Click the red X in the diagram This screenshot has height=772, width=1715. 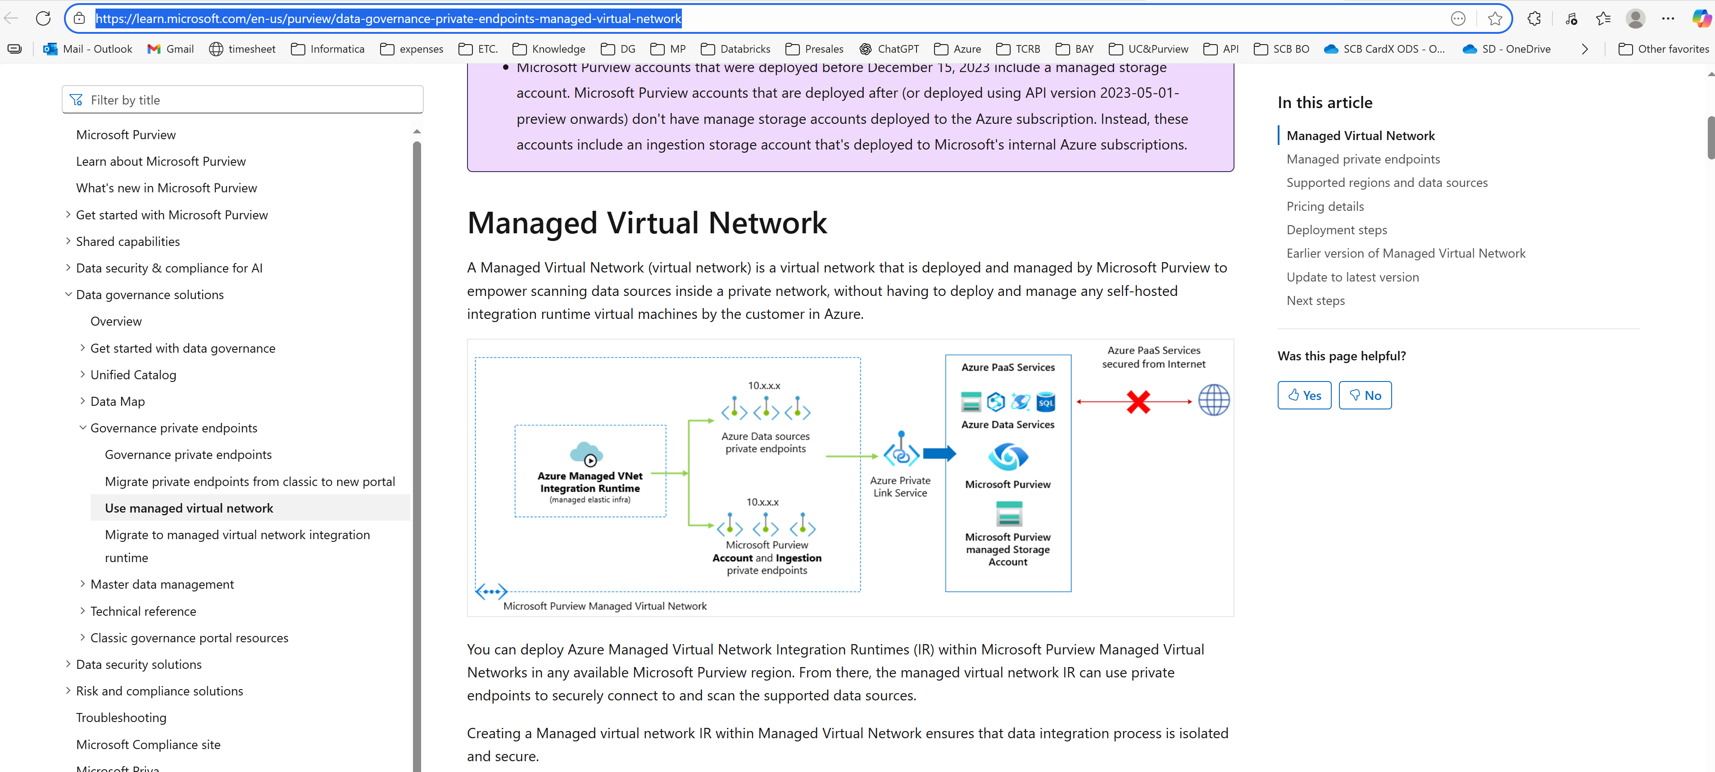pos(1139,402)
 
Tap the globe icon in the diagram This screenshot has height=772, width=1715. pos(1214,400)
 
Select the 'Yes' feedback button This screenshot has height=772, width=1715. pos(1304,395)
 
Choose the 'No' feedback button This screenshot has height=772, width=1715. pos(1365,395)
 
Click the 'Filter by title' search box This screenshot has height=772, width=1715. pos(243,100)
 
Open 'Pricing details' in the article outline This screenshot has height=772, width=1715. pos(1325,206)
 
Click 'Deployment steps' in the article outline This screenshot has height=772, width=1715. pos(1336,230)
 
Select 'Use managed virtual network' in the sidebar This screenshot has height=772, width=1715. pos(189,508)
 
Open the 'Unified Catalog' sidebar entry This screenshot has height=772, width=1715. pos(133,375)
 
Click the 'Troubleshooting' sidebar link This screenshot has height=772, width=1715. pos(121,718)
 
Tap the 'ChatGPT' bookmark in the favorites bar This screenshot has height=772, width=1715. pos(889,49)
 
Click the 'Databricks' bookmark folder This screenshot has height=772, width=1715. pos(735,49)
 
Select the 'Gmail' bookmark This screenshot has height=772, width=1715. pos(171,49)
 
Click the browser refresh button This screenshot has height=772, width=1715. pos(43,18)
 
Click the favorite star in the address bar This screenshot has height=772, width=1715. pos(1495,18)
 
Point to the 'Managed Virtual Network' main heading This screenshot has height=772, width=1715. pos(646,223)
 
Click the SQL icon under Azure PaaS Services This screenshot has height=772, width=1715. pos(1046,402)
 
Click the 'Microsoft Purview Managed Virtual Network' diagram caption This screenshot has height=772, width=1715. pos(604,606)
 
